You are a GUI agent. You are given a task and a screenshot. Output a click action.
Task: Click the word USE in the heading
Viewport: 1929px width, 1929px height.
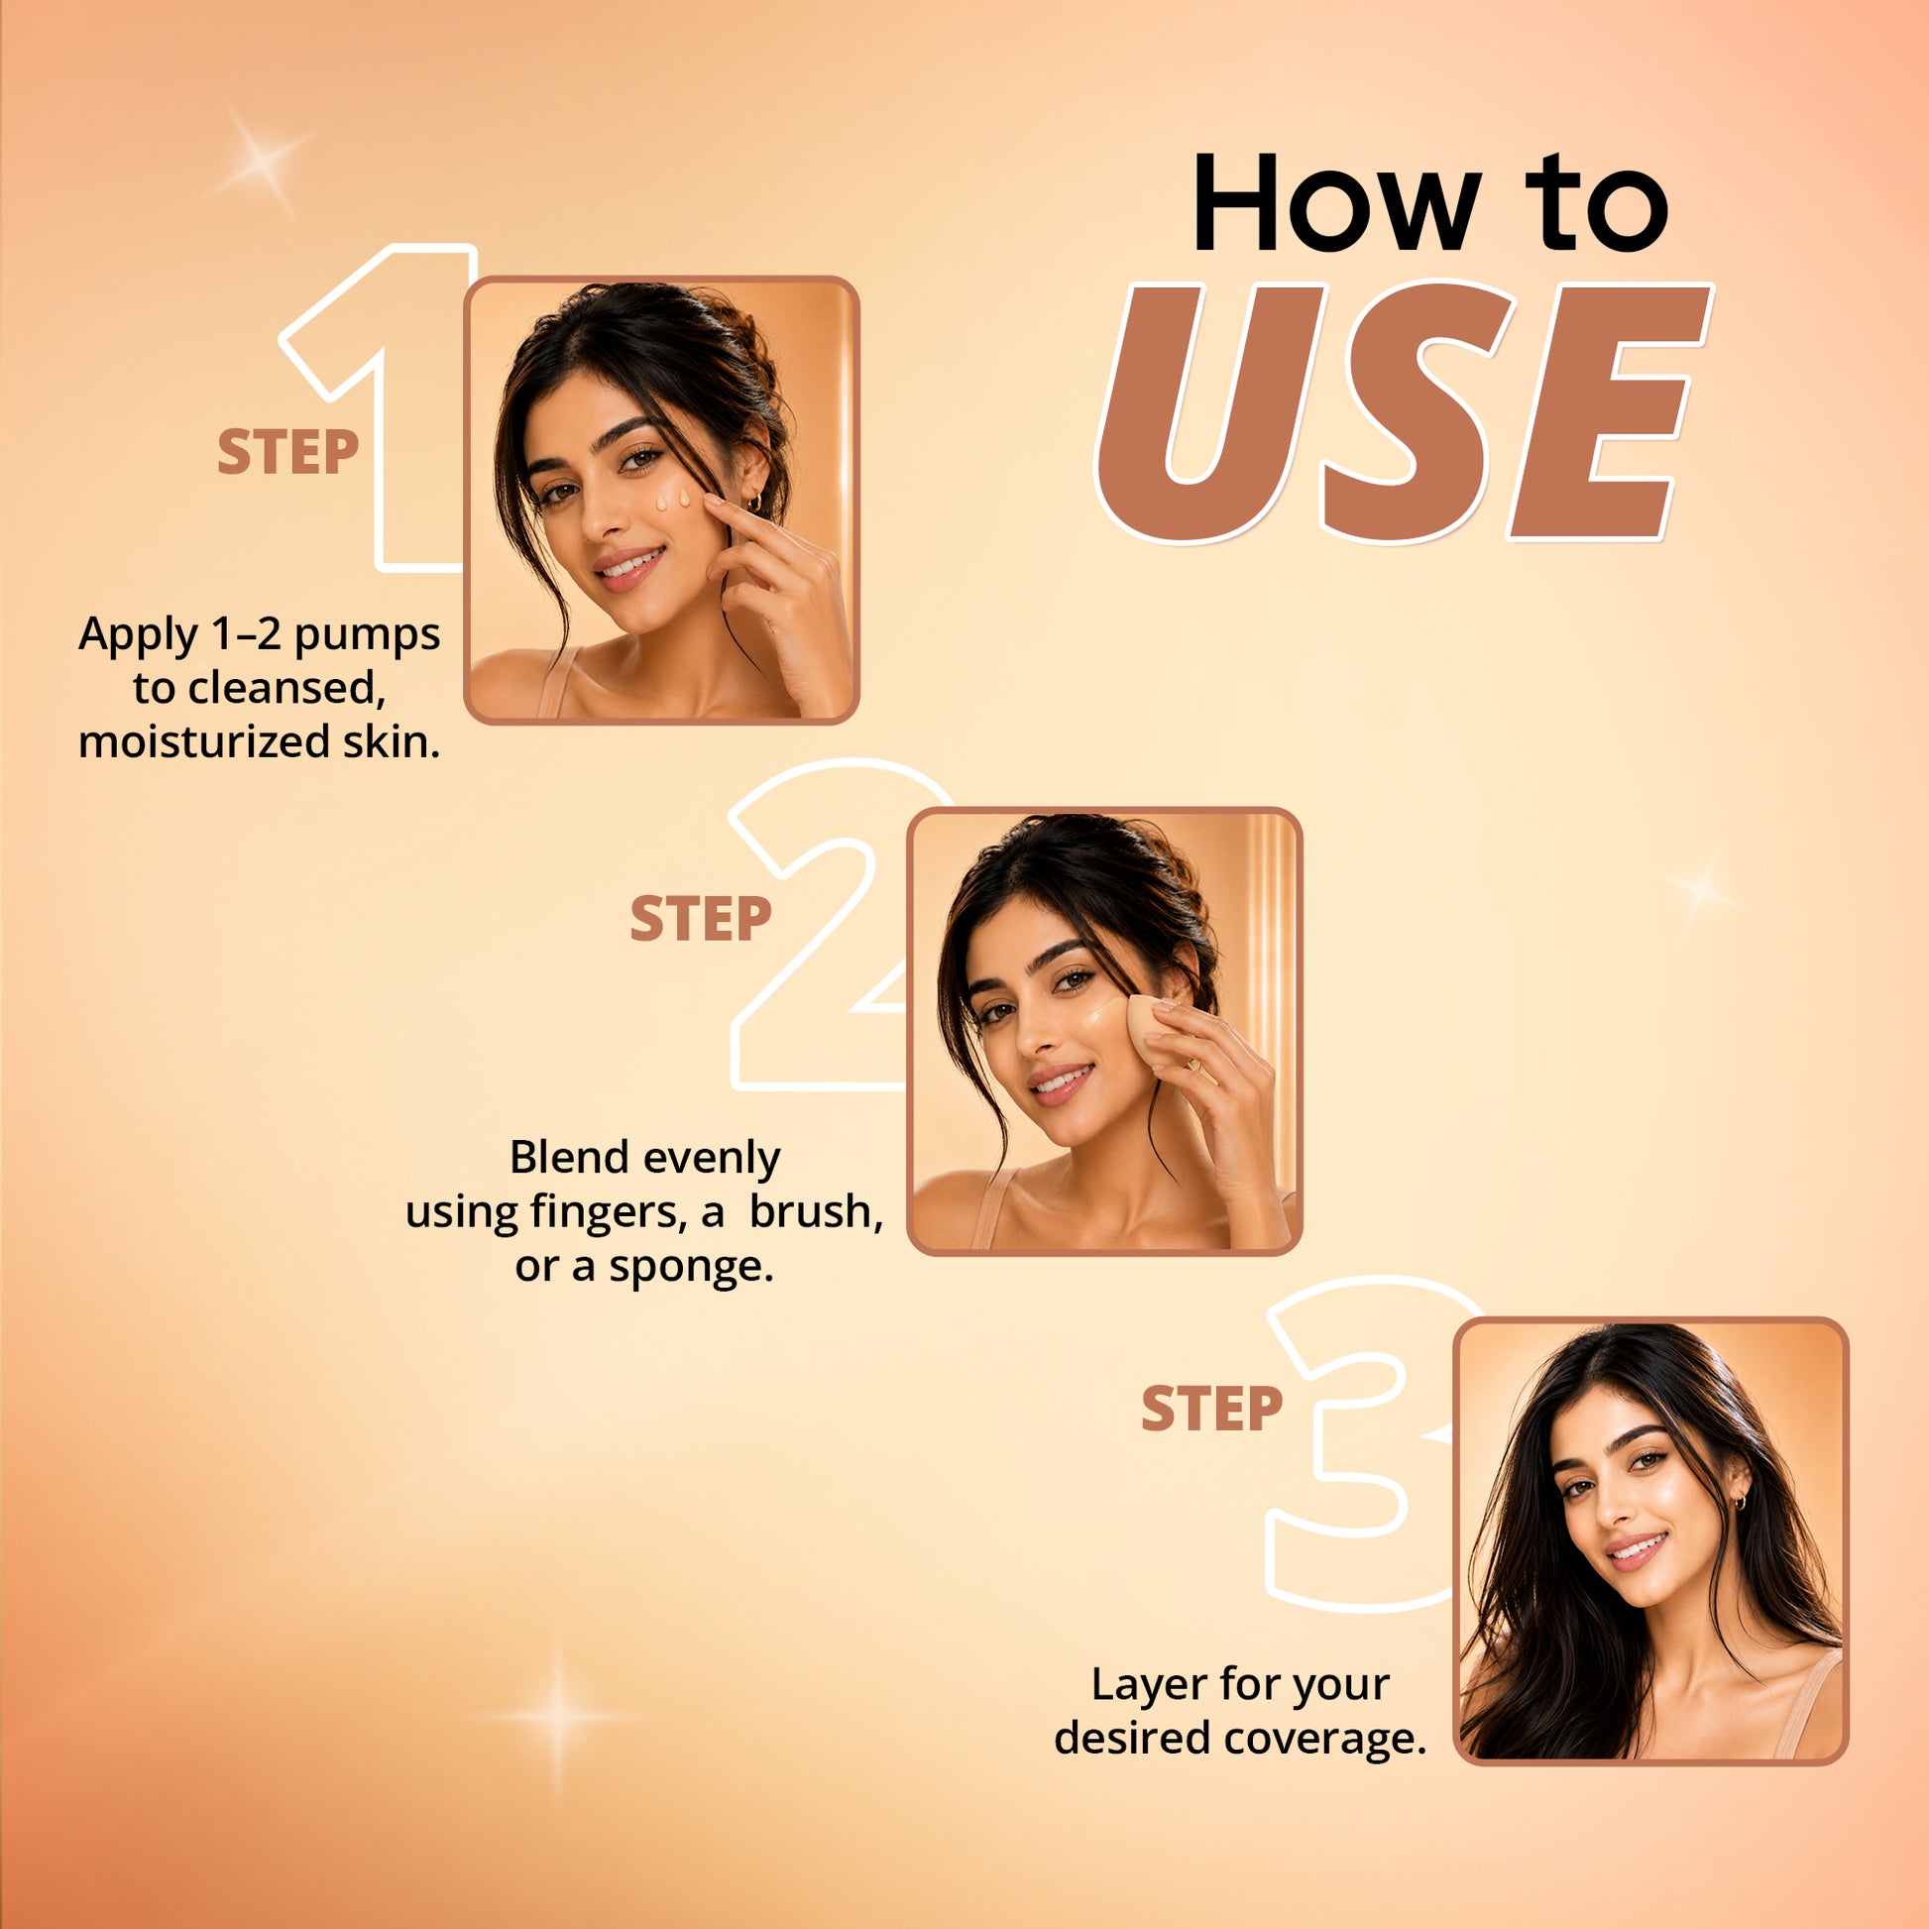click(1403, 412)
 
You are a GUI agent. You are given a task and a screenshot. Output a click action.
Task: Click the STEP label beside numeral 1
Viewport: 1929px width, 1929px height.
click(287, 452)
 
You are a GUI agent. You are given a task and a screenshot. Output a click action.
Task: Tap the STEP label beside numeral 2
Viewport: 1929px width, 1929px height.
click(700, 919)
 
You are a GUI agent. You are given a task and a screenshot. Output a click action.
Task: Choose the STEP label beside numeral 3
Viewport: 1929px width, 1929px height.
click(1211, 1409)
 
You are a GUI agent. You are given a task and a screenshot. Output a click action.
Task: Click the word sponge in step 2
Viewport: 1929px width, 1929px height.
click(691, 1267)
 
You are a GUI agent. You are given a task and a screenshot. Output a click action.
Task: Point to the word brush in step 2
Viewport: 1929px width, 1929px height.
click(816, 1212)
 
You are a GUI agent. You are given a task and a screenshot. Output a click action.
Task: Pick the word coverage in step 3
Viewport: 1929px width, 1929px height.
click(1325, 1739)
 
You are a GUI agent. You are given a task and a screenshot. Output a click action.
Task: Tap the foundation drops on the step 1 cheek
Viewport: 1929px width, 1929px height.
click(672, 500)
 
